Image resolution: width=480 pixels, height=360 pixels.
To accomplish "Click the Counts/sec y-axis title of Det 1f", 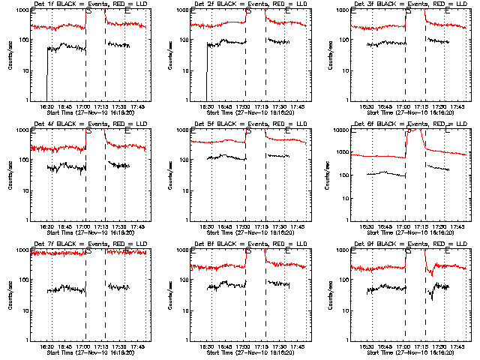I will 10,55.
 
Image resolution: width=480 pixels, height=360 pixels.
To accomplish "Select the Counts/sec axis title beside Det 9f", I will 329,295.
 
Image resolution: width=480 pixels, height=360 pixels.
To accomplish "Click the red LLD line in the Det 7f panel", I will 60,253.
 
